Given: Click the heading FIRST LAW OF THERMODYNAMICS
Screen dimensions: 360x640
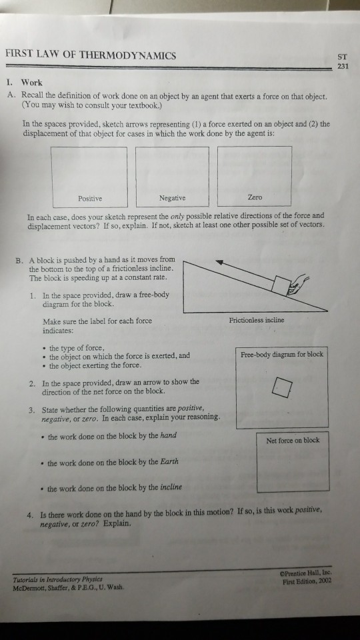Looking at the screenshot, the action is [x=91, y=55].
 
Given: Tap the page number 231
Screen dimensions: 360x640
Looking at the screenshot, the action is [x=343, y=65].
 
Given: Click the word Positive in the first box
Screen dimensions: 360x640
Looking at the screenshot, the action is [x=90, y=199].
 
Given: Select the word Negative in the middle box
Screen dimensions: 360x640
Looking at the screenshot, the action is [x=172, y=198].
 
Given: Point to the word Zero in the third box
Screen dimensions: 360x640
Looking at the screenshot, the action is [x=255, y=197].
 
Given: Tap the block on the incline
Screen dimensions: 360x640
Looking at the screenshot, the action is [x=281, y=285].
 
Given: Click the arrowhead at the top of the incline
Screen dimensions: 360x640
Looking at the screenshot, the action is [x=219, y=263].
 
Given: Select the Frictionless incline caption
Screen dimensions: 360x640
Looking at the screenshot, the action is [x=256, y=321].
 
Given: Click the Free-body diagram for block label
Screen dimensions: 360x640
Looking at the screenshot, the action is [x=281, y=355].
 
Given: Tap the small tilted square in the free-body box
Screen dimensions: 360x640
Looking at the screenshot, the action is [x=282, y=387].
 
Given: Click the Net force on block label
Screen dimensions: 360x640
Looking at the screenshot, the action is [x=293, y=441].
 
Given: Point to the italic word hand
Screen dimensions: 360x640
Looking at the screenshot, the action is [x=168, y=435].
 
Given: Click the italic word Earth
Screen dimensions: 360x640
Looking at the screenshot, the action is [x=169, y=461].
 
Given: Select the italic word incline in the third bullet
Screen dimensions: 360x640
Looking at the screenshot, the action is [x=171, y=487].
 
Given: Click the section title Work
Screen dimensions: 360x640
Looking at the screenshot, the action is [x=32, y=83].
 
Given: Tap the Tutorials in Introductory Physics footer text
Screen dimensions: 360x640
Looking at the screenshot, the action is [x=57, y=579].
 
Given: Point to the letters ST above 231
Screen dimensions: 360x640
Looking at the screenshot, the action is [x=342, y=57].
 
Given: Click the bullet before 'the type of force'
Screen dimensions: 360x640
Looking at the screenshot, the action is [x=44, y=349].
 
